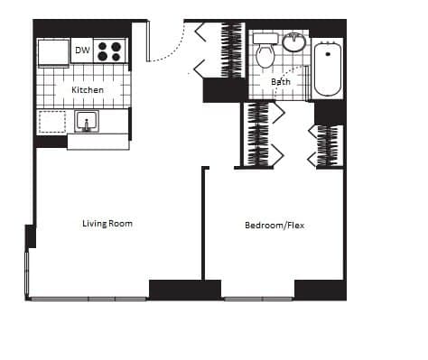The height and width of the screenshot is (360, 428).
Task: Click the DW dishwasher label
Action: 82,51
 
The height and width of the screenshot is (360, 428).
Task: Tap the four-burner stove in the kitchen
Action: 110,51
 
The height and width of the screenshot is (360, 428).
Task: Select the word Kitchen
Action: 88,90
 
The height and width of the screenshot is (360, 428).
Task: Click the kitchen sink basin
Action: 88,122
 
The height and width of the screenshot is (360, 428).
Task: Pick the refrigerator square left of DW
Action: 52,51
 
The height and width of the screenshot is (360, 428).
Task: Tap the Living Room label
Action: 107,223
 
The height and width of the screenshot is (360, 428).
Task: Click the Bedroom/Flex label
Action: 274,226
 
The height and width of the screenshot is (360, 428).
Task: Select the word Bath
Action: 281,82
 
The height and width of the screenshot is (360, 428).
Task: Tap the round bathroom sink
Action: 293,42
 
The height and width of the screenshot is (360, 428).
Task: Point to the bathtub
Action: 327,69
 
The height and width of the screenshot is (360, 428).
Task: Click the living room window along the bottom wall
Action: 88,298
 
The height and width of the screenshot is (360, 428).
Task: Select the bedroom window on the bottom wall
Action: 258,298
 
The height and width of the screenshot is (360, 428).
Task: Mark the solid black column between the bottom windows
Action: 184,290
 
